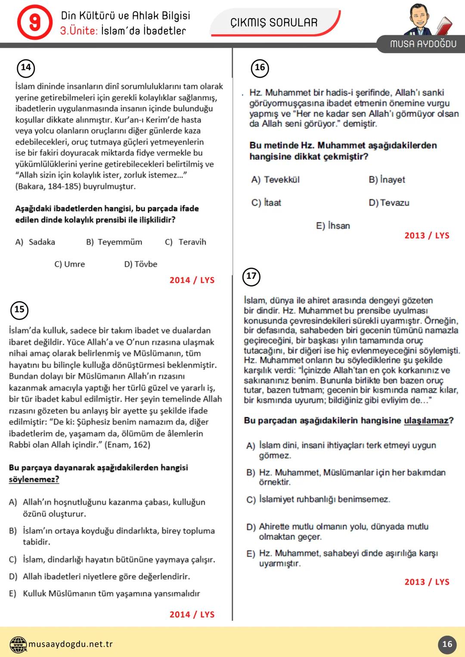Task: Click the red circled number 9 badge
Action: tap(34, 22)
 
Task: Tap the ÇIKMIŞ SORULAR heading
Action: tap(274, 22)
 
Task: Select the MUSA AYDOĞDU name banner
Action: tap(423, 44)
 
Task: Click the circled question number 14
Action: tap(26, 68)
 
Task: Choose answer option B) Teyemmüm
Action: tap(114, 242)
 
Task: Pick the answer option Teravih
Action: tap(186, 242)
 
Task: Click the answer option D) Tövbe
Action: tap(141, 264)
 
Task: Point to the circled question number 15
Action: tap(19, 309)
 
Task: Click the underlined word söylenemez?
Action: tap(34, 479)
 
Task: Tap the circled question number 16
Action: tap(260, 68)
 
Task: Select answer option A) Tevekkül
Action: tap(275, 180)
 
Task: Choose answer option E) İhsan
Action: tap(333, 226)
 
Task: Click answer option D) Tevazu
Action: tap(389, 203)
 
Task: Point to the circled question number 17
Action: tap(251, 276)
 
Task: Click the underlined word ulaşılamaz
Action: tap(426, 420)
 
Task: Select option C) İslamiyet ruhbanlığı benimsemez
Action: tap(318, 499)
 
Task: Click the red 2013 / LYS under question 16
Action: tap(427, 235)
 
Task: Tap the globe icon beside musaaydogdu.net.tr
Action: tap(18, 644)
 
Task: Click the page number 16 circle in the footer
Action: tap(447, 644)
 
